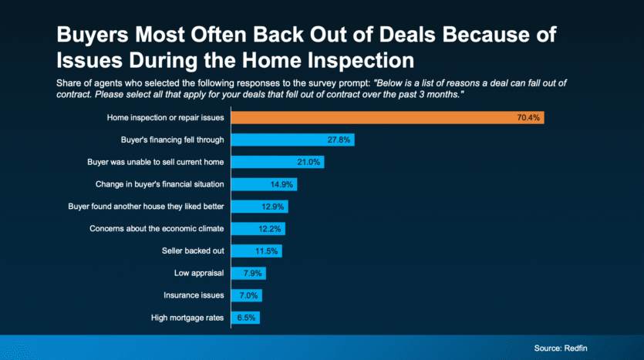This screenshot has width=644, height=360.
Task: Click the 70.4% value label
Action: tap(528, 118)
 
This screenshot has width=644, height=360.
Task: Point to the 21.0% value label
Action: tap(309, 163)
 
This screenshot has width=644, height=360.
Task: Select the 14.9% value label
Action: tap(282, 184)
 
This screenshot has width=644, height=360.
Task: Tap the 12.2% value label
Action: tap(270, 229)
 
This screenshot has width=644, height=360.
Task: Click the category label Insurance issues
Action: tap(194, 295)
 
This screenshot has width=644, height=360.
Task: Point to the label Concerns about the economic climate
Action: tap(157, 229)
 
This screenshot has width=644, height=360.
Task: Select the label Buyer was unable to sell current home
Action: tap(155, 163)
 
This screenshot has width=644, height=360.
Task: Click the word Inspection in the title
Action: tap(348, 60)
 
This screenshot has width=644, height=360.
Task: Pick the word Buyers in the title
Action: tap(93, 35)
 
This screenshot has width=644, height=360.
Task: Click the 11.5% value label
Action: tap(268, 251)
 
